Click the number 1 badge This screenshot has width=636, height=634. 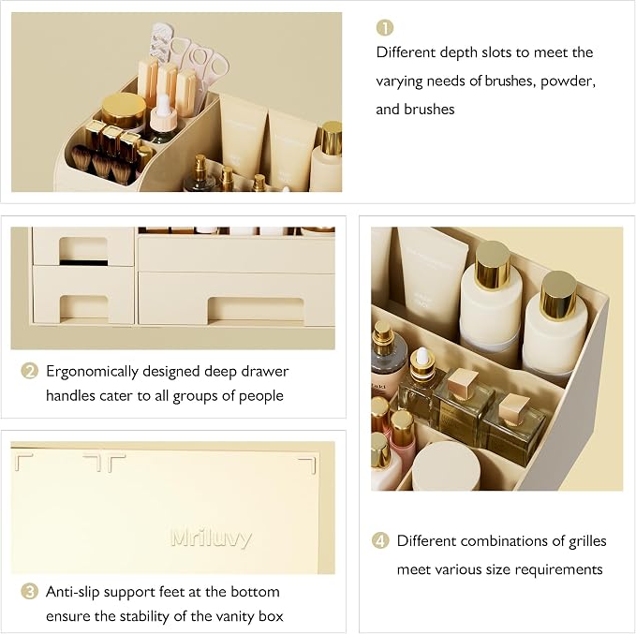click(385, 27)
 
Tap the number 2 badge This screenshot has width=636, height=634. click(29, 371)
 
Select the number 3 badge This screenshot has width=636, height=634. click(29, 592)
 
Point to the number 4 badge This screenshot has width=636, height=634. click(380, 540)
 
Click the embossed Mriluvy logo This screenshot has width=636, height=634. click(212, 538)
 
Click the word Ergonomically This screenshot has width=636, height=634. click(92, 372)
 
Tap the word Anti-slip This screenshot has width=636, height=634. click(73, 592)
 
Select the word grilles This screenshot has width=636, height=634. click(587, 541)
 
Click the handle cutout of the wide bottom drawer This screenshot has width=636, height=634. click(256, 310)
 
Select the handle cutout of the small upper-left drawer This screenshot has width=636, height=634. click(83, 251)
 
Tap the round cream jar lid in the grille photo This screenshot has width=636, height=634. click(446, 465)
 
